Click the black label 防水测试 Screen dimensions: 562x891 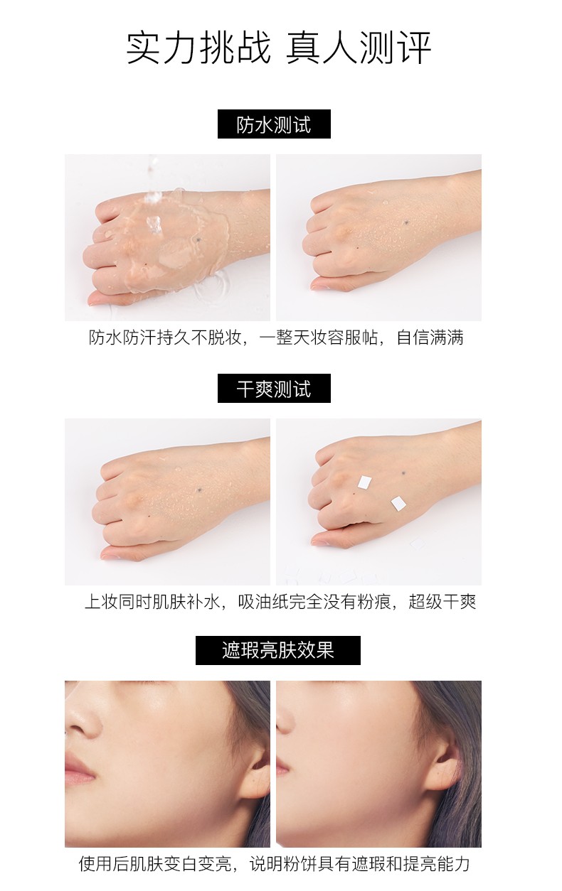coord(274,124)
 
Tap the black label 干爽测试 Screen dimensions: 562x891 coord(274,388)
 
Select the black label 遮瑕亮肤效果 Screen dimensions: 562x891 coord(278,650)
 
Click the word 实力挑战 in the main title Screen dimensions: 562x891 coord(198,48)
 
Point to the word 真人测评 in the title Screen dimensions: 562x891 coord(359,48)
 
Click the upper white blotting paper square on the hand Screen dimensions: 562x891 coord(364,482)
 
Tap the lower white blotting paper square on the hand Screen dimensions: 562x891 coord(398,504)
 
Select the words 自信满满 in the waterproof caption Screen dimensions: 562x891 coord(430,337)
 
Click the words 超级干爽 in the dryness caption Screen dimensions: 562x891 coord(442,602)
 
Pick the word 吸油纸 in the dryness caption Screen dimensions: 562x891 coord(263,602)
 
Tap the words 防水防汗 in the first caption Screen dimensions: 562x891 coord(122,337)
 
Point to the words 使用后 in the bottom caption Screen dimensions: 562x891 coord(104,863)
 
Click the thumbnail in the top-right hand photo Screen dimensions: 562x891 coord(319,285)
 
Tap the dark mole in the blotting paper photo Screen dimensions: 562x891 coord(403,473)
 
